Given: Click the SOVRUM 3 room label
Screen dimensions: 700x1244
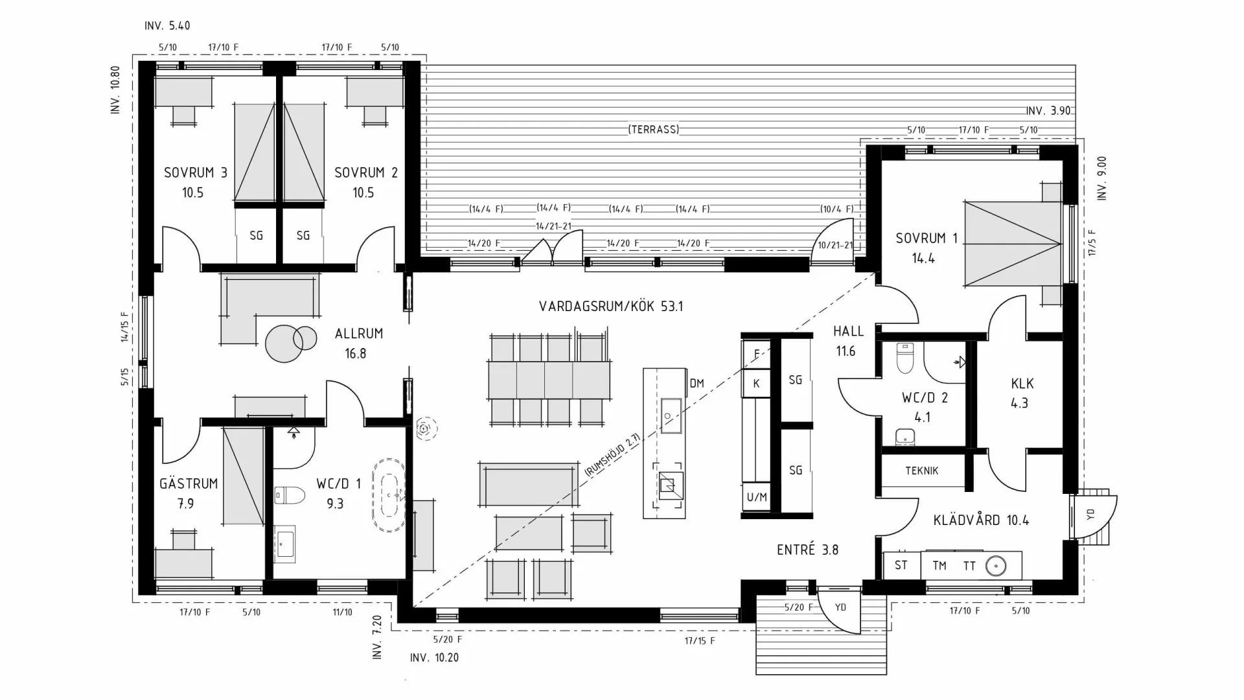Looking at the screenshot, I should [195, 173].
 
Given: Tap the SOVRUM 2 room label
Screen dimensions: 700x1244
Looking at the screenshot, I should [365, 173].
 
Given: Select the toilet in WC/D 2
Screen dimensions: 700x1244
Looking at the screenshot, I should [904, 358].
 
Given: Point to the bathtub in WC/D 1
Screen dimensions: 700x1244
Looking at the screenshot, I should [388, 496].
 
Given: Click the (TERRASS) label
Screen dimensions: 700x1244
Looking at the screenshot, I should [653, 130].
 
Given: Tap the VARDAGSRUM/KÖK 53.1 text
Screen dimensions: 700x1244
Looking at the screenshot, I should [610, 306].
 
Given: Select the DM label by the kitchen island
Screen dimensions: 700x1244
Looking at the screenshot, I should [697, 384].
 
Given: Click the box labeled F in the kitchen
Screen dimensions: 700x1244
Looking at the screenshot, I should [756, 354].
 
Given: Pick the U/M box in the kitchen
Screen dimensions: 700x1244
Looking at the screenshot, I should [756, 497].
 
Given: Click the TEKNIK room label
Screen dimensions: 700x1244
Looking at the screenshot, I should [921, 471].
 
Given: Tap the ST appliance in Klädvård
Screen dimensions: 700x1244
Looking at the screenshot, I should [901, 565].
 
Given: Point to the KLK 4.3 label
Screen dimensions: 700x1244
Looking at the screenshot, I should [1022, 393].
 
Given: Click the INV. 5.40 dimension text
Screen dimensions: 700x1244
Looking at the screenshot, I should [167, 26].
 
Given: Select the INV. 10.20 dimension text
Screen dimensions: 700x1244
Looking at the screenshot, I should [434, 658].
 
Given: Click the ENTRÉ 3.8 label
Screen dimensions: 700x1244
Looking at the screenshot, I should [807, 550].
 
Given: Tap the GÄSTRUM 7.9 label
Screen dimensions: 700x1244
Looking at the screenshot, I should [188, 493].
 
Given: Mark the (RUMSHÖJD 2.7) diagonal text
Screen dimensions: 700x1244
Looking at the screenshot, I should [612, 456].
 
